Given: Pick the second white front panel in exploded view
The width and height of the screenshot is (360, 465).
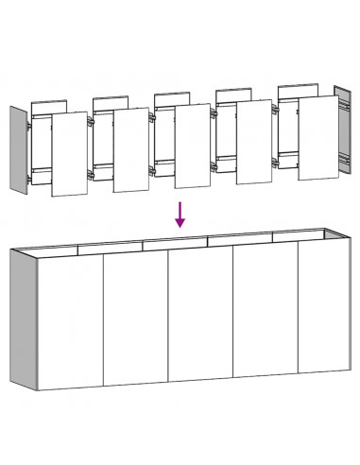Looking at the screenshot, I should tap(130, 149).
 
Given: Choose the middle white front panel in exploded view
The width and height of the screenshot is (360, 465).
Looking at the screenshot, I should tap(191, 146).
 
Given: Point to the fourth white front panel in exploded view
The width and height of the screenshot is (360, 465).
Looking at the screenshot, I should tap(252, 142).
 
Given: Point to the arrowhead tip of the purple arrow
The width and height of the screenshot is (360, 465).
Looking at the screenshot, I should tap(180, 226).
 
